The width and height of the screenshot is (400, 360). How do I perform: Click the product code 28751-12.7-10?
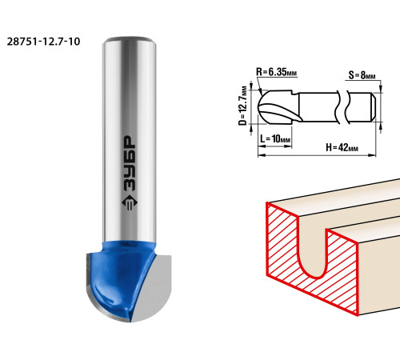point(43,42)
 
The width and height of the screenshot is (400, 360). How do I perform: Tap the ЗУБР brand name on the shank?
point(130,163)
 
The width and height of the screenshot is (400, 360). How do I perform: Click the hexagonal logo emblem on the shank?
point(130,204)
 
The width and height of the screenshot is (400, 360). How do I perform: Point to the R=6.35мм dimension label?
point(277,72)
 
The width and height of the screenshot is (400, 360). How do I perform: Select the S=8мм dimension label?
point(362,75)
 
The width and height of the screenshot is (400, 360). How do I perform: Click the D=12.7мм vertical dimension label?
point(243,106)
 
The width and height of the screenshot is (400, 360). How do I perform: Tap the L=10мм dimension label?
point(275,138)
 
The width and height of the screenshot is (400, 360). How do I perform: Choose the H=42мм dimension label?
point(342,147)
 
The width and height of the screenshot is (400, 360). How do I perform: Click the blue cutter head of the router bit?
point(122,274)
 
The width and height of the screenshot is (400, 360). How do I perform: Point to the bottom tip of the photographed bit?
point(130,322)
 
